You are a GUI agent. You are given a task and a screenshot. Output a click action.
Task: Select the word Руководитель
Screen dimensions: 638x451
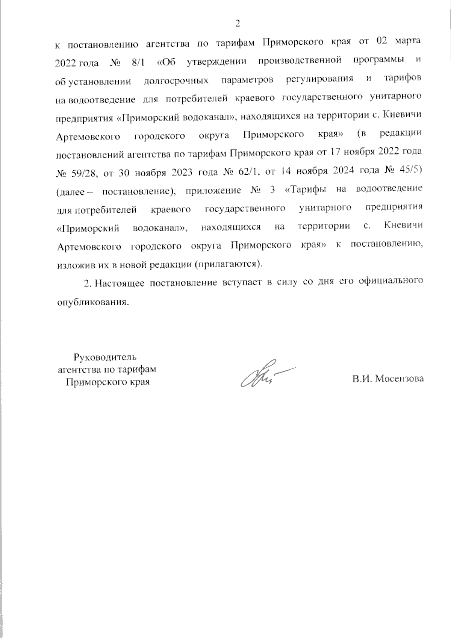point(106,356)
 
